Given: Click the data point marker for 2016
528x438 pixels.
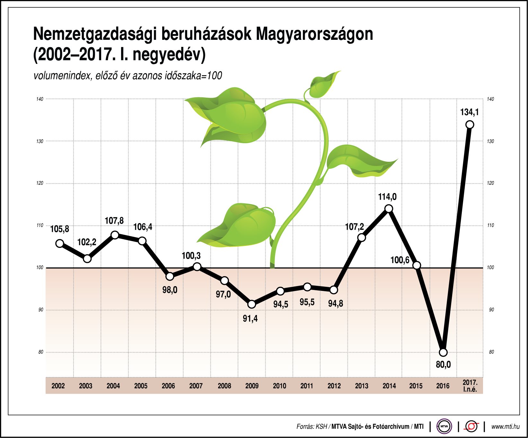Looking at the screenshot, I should [443, 352].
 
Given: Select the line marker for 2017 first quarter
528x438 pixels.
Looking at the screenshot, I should [470, 125].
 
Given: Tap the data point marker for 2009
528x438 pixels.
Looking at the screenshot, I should [252, 304].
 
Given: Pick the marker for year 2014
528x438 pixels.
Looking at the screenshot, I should [389, 209].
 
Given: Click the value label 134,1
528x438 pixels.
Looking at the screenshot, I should [469, 112].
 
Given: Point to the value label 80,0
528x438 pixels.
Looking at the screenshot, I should [443, 365].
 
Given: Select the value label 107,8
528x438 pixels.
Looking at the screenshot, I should [114, 221].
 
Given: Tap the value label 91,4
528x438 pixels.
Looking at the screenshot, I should [250, 319].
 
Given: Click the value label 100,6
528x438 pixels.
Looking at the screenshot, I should [400, 260].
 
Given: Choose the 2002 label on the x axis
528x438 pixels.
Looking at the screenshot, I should [58, 386].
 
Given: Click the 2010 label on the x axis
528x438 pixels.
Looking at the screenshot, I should [279, 386].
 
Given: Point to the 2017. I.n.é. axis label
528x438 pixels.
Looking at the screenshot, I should [470, 386].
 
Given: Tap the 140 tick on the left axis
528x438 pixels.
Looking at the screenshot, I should [40, 99].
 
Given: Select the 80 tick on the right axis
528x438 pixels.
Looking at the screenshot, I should [491, 352].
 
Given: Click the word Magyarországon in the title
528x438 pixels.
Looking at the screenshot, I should [314, 34].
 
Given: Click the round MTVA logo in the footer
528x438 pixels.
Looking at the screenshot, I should [444, 426].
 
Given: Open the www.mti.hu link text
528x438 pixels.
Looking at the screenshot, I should [505, 426].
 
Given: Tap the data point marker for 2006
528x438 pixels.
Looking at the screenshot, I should [170, 276].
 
